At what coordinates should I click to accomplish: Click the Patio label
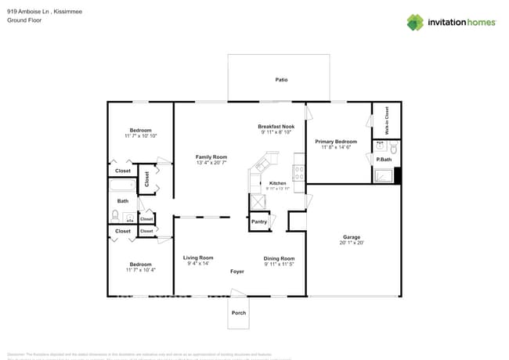click(281, 80)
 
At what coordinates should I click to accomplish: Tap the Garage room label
click(351, 237)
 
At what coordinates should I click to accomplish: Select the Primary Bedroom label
click(336, 142)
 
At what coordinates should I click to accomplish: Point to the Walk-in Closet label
click(386, 121)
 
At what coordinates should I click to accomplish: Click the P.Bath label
click(384, 160)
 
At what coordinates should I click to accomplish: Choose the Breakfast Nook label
click(276, 127)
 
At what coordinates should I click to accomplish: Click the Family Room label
click(211, 157)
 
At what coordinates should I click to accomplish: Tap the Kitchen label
click(278, 184)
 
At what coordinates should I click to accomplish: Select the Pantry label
click(259, 221)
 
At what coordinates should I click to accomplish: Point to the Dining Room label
click(279, 258)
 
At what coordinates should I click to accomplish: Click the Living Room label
click(198, 257)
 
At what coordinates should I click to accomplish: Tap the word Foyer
click(237, 272)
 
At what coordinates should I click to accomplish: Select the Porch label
click(239, 313)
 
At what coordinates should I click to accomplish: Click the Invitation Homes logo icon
click(415, 22)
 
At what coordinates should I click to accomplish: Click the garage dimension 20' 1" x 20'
click(351, 243)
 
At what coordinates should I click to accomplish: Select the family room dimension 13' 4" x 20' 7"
click(211, 163)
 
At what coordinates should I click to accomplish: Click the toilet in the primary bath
click(394, 148)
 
